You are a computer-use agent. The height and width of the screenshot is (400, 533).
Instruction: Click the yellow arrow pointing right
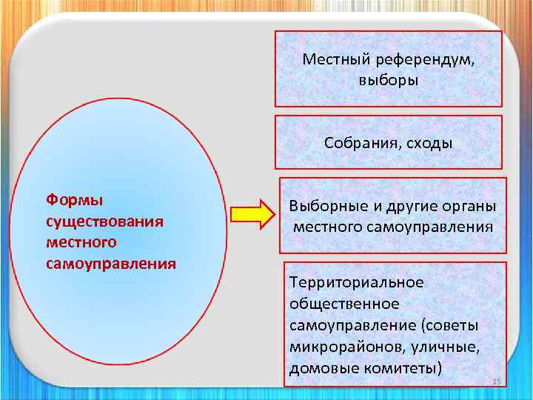click(252, 215)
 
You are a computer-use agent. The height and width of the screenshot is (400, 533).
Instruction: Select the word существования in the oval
click(104, 221)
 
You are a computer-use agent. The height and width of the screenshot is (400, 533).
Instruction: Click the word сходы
click(426, 143)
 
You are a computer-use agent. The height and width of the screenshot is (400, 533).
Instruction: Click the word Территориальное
click(357, 282)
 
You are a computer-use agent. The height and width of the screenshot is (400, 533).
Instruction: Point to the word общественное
click(344, 304)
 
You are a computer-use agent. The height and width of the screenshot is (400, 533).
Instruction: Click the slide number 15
click(497, 381)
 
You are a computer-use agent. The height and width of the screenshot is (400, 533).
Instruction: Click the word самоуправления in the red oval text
click(110, 263)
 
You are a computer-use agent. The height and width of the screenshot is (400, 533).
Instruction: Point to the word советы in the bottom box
click(453, 325)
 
